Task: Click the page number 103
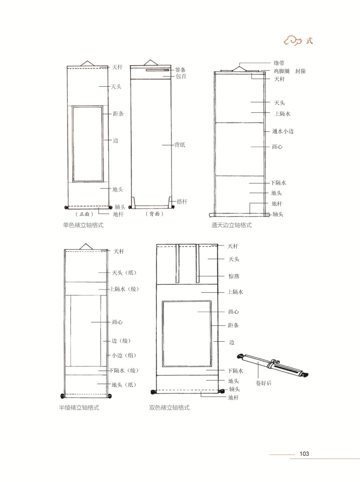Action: pyautogui.click(x=304, y=454)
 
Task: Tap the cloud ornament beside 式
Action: pyautogui.click(x=292, y=41)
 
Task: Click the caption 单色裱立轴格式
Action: pyautogui.click(x=83, y=225)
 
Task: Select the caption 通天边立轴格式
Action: pyautogui.click(x=231, y=225)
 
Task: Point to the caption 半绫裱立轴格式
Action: pyautogui.click(x=79, y=408)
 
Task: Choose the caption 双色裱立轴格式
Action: pyautogui.click(x=169, y=408)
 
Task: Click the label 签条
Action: pyautogui.click(x=180, y=70)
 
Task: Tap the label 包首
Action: pyautogui.click(x=181, y=76)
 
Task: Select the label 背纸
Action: pyautogui.click(x=180, y=144)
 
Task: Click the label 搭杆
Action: pyautogui.click(x=182, y=201)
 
